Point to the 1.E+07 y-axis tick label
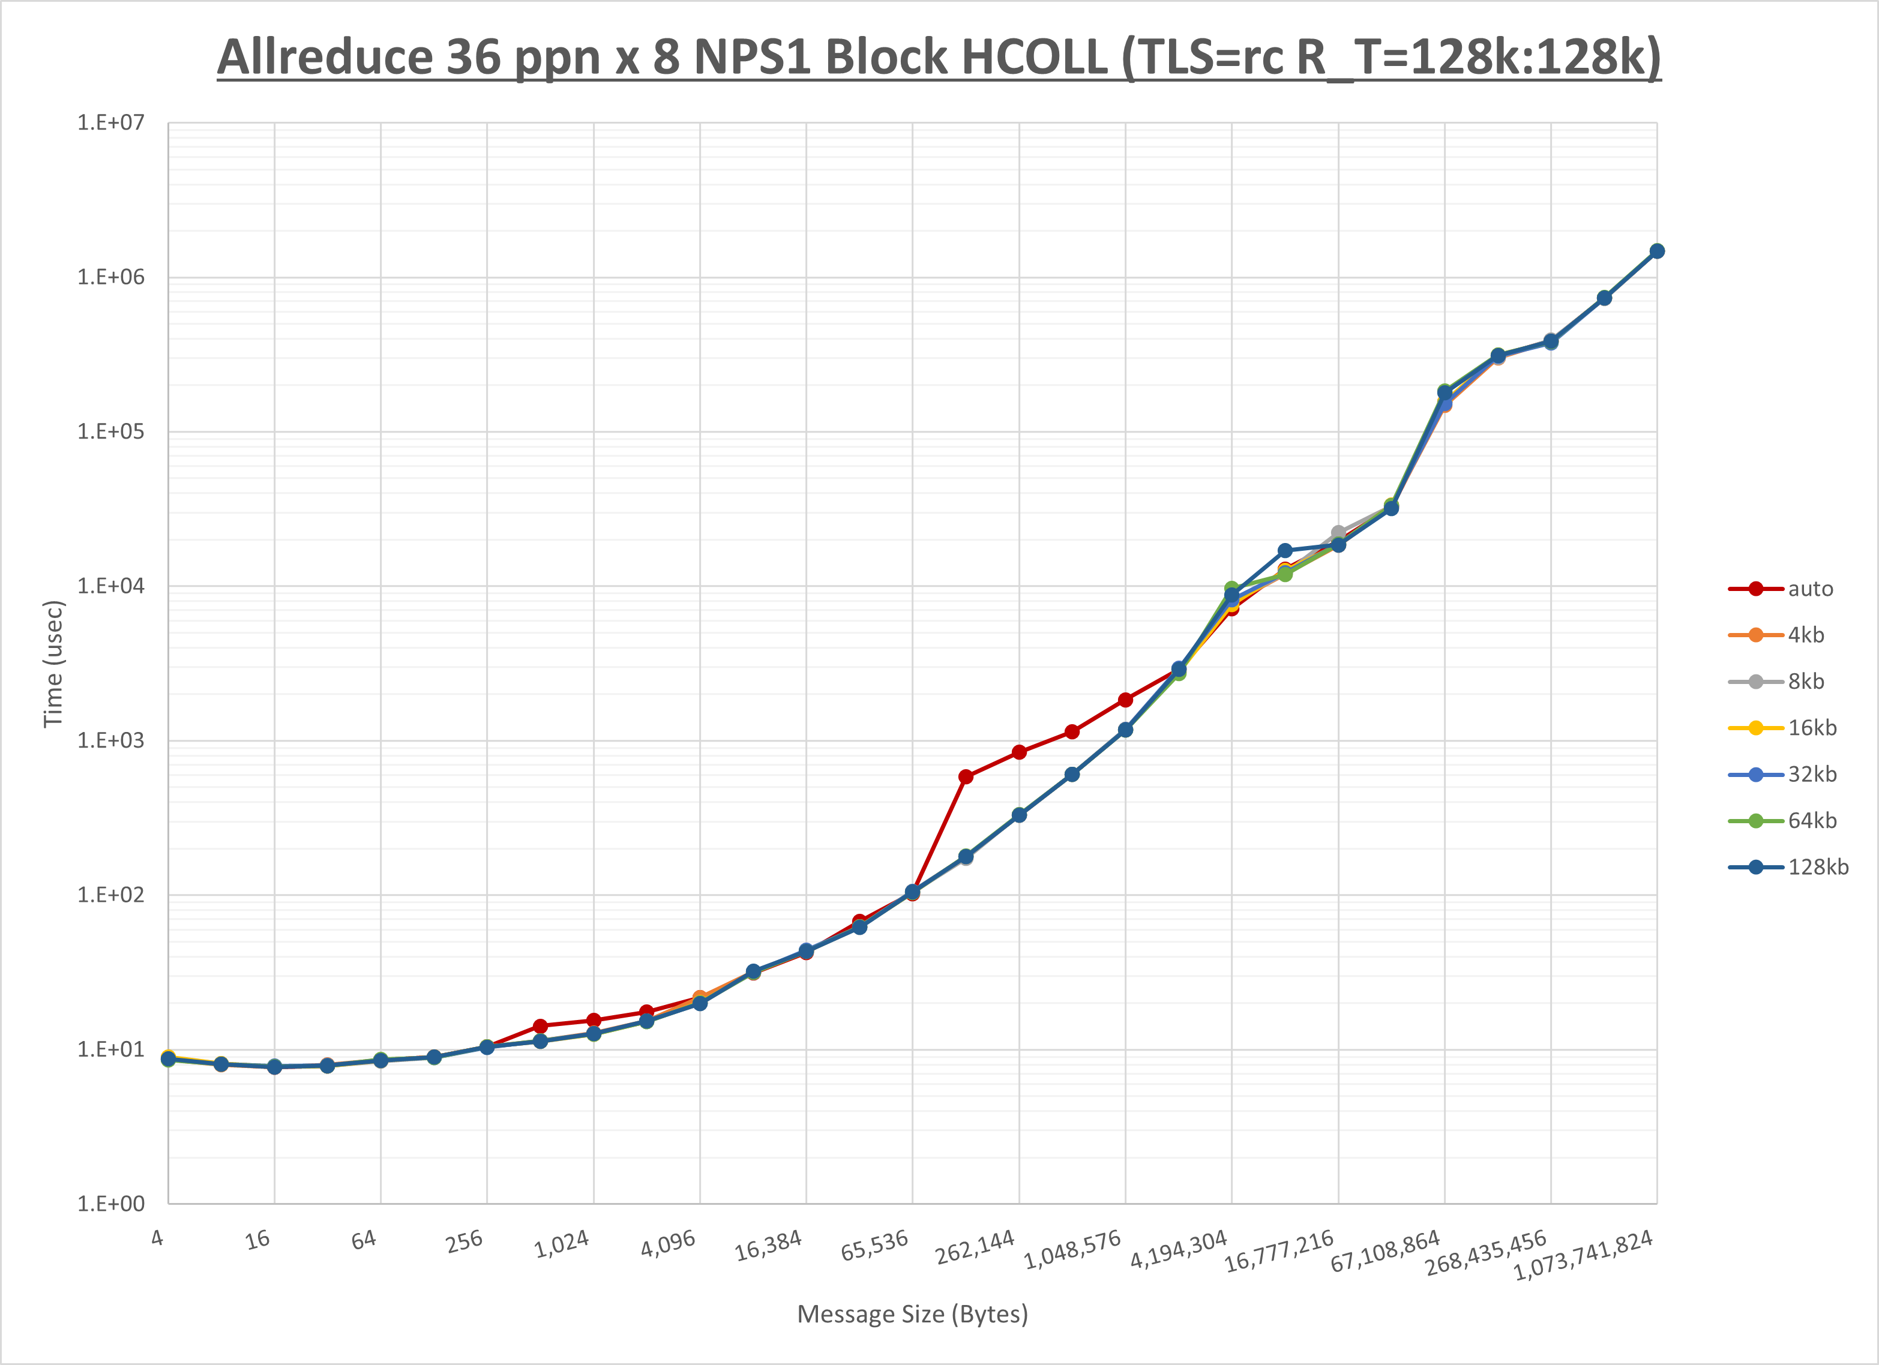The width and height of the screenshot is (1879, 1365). [110, 122]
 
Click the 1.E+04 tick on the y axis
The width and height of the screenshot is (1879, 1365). [110, 586]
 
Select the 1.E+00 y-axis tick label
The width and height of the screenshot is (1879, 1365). [110, 1204]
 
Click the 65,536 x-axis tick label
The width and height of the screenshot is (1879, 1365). [875, 1246]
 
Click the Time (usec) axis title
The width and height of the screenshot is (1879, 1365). [53, 664]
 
